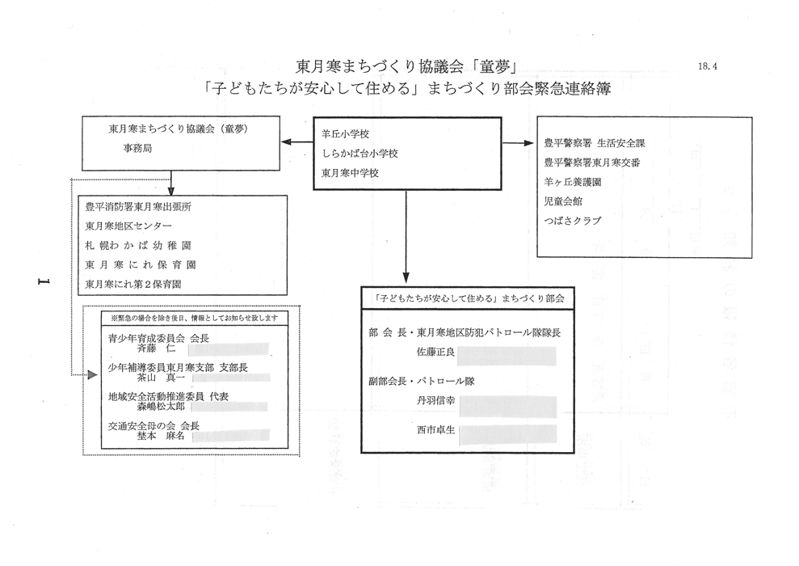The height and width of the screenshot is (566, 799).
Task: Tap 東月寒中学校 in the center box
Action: pos(351,173)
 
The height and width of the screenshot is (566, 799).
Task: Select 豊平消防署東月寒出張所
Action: pos(138,207)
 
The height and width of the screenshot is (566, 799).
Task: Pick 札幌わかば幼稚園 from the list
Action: pos(138,245)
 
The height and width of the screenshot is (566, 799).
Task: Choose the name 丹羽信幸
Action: pos(435,400)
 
